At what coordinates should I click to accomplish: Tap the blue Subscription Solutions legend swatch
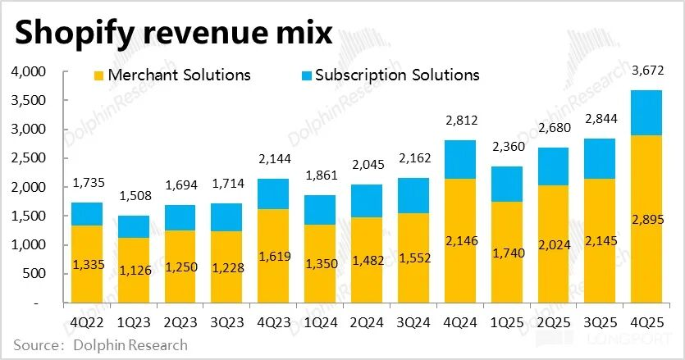[306, 75]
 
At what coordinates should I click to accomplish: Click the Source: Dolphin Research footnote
[99, 345]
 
